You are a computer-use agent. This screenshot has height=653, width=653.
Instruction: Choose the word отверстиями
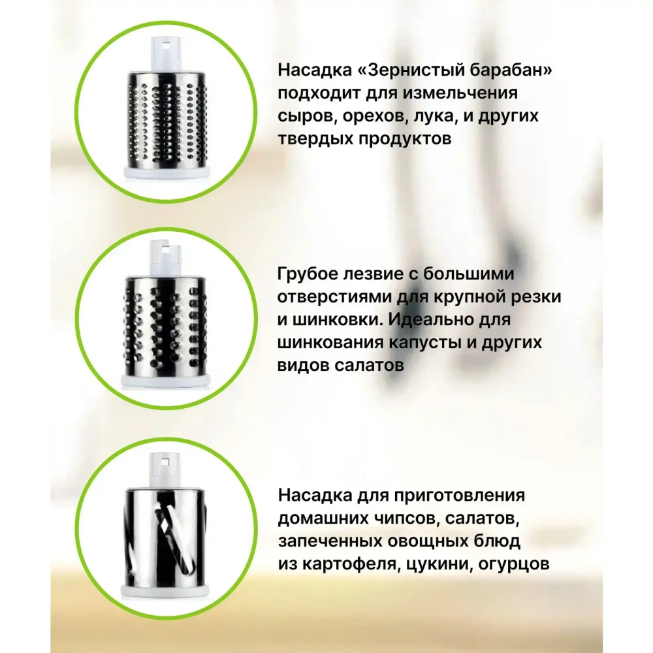coord(334,297)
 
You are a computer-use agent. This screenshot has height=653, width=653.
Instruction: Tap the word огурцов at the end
coord(514,565)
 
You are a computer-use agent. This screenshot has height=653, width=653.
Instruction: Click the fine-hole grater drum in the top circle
coord(165,121)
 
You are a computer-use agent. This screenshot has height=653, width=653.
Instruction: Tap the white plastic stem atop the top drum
coord(167,54)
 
